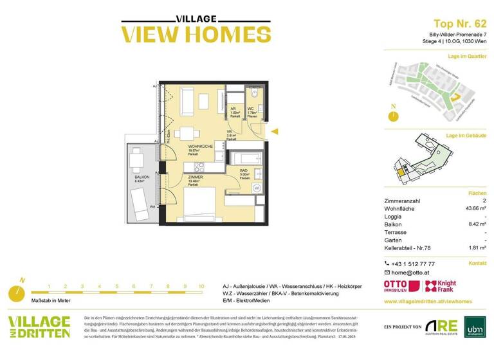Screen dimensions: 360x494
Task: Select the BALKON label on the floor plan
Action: click(142, 177)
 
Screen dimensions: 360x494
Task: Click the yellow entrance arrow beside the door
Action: click(273, 132)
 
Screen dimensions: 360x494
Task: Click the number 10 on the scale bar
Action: click(201, 287)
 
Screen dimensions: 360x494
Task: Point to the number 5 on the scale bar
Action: click(116, 287)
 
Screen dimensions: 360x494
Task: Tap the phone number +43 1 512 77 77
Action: click(413, 264)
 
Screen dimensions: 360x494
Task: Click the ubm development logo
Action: click(473, 327)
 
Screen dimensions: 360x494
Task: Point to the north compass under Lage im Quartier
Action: click(392, 116)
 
